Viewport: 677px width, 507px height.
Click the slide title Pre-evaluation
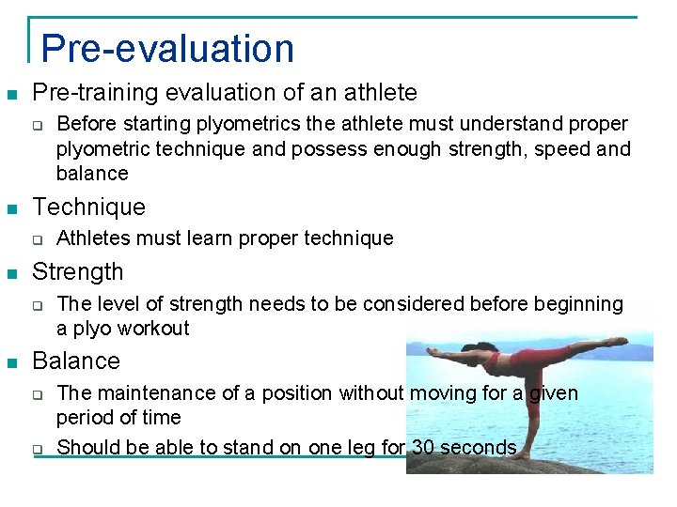(167, 49)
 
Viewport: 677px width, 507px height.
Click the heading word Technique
(88, 207)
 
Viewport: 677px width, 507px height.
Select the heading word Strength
(77, 272)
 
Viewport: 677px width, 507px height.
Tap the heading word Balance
(76, 361)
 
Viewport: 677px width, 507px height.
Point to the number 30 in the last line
(423, 447)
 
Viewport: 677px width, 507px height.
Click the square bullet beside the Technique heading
(12, 208)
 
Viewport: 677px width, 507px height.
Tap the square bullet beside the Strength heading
(12, 273)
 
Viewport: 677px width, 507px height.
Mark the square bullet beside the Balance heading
(12, 362)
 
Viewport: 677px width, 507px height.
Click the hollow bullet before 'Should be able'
(39, 449)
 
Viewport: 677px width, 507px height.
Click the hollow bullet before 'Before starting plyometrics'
(39, 124)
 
